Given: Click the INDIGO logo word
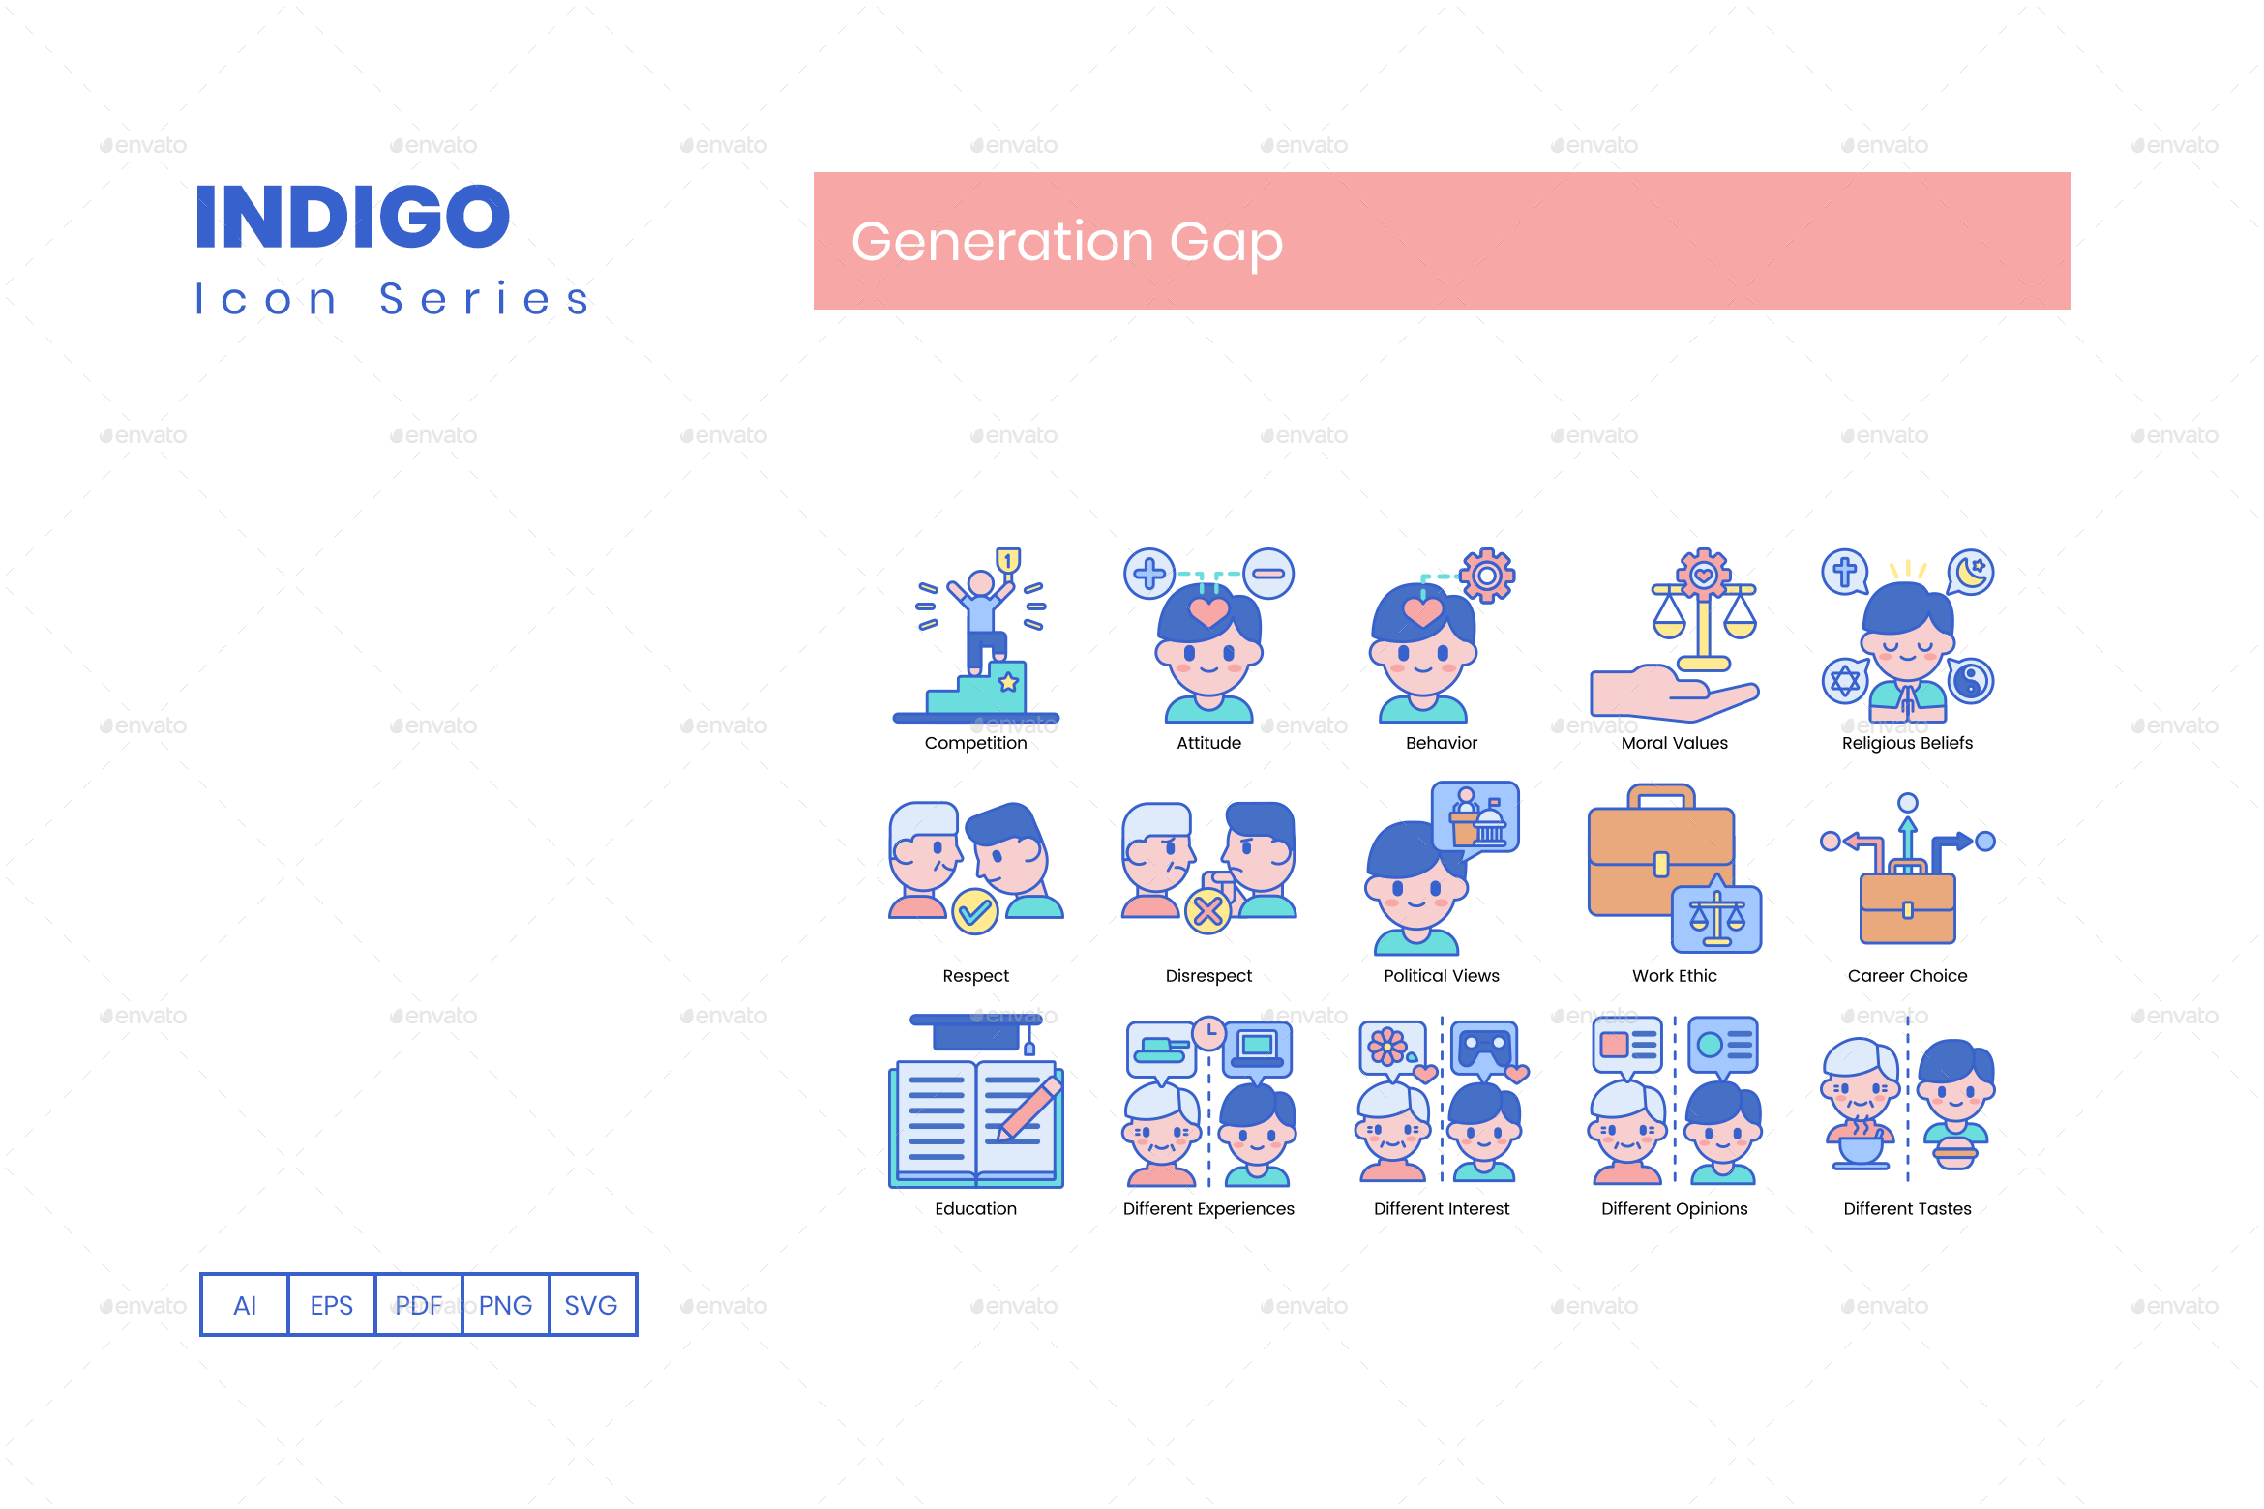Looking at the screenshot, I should [352, 217].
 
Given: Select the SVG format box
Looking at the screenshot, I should [591, 1305].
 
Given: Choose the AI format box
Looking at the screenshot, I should [245, 1305].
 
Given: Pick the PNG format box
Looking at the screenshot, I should [505, 1305].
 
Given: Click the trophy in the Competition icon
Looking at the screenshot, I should [1008, 561].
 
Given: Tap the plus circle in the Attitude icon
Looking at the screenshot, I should [1149, 574].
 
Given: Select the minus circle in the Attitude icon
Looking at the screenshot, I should [1268, 574].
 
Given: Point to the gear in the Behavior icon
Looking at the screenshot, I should [1487, 577].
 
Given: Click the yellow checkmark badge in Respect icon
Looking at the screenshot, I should [975, 911].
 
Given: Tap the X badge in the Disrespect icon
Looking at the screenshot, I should [1208, 911].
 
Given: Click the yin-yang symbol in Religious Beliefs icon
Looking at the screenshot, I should [1970, 681].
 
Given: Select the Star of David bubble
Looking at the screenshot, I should [1845, 681].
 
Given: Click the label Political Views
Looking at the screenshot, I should [1441, 976].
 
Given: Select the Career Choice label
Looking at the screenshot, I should [1907, 976].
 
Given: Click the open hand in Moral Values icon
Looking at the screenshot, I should [1664, 695].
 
